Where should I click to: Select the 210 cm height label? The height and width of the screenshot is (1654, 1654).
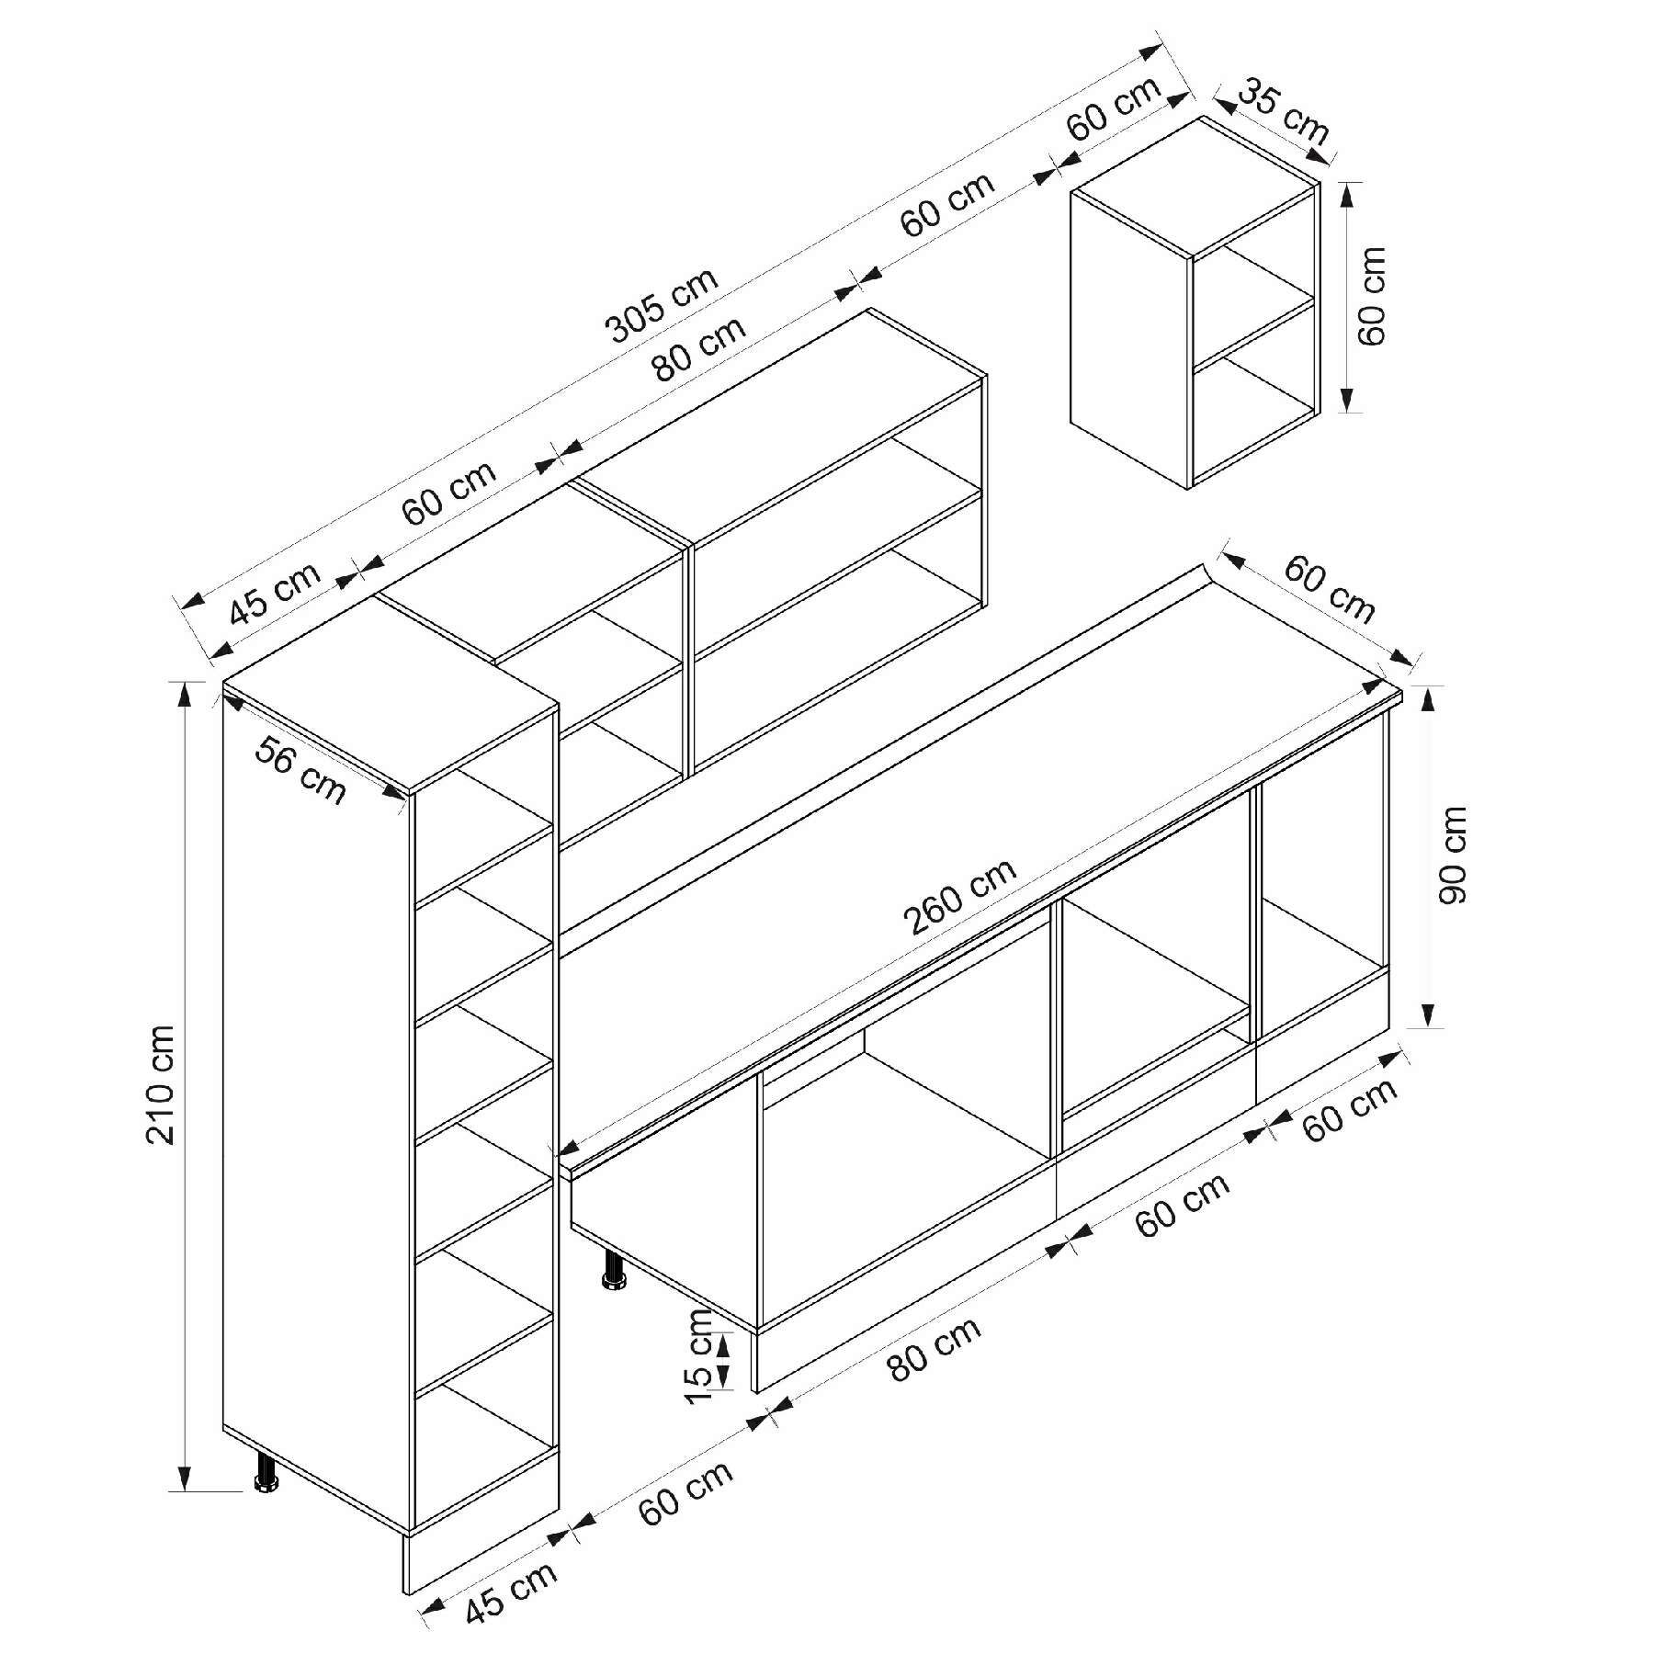point(162,1084)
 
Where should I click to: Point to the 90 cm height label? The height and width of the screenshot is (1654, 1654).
point(1453,855)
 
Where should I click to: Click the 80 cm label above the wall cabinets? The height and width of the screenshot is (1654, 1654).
point(699,348)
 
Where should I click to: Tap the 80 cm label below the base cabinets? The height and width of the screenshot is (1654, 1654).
point(935,1348)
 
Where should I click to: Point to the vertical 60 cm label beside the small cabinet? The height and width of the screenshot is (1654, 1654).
point(1370,295)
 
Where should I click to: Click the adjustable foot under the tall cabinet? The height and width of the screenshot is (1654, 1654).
point(266,1501)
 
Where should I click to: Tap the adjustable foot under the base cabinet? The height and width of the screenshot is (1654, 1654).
point(613,1269)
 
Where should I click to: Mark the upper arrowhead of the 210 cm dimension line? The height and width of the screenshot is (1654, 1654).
point(186,695)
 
